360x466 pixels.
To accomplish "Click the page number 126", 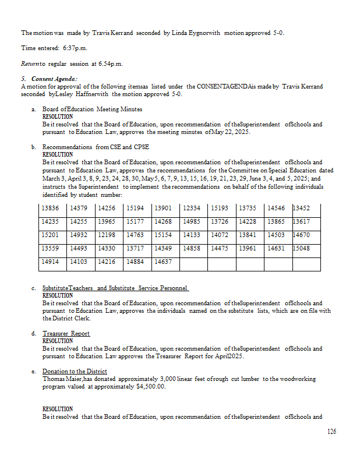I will coord(331,432).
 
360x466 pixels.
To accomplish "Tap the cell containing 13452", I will coord(301,209).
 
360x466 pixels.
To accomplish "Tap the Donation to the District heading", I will coord(75,372).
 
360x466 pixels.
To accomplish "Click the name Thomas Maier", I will coord(59,379).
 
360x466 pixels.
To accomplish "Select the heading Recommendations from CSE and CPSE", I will coord(96,147).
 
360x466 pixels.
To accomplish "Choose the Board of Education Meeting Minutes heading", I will coord(92,110).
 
